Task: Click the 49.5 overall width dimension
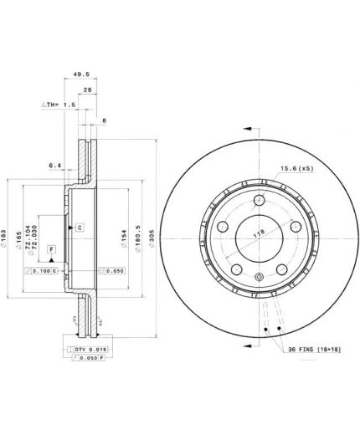point(80,74)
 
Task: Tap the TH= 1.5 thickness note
point(59,106)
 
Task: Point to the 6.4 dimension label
point(56,166)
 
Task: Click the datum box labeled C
point(80,227)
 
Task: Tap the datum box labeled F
point(52,249)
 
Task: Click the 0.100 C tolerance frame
point(41,271)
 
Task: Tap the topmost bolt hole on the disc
point(260,200)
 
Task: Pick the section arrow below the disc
point(249,344)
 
